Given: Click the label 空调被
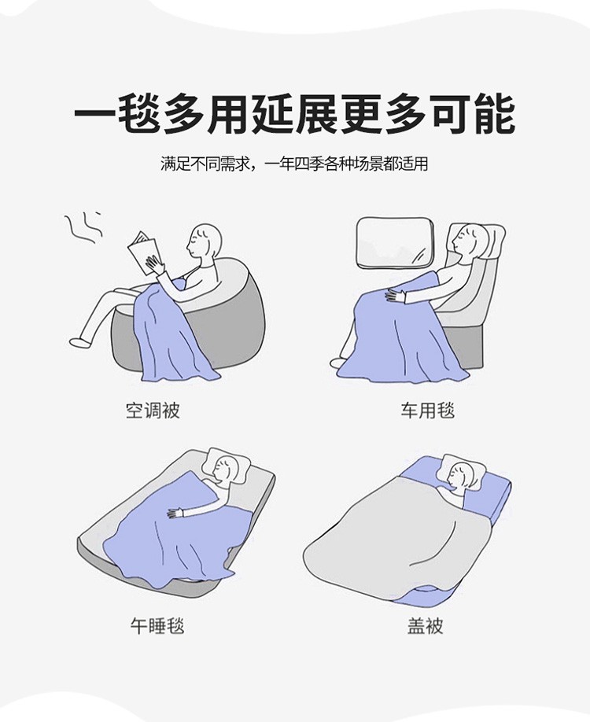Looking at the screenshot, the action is point(153,411).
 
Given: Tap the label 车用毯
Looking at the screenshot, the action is point(427,411).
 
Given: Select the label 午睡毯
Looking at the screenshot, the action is point(157,626).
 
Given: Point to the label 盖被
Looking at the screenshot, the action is point(425,626).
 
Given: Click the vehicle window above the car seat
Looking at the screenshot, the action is point(396,242).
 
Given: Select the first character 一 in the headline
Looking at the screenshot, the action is point(94,115).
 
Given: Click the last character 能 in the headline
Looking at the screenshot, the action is point(496,114).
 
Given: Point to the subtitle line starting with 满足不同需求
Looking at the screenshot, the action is point(295,164).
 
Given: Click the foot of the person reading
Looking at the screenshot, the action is point(79,342).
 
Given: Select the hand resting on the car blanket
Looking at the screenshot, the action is point(395,296).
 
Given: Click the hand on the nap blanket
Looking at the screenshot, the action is point(175,513).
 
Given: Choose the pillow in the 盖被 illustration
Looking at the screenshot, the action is point(463,471).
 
